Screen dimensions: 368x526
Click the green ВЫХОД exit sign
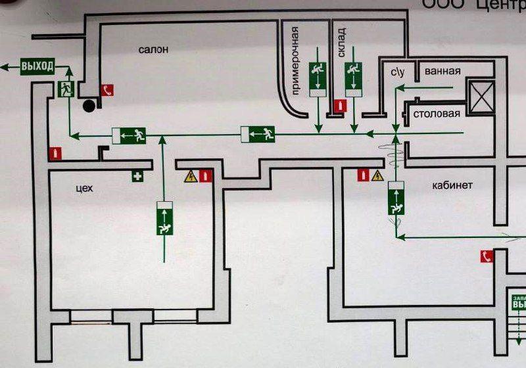37,66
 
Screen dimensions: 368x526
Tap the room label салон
153,49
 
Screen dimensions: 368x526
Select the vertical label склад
341,43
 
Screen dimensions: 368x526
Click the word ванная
442,71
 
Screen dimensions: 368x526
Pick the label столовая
436,114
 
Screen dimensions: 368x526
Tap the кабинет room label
452,185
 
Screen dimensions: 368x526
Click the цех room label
84,188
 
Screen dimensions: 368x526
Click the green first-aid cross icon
138,176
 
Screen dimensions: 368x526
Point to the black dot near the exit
88,104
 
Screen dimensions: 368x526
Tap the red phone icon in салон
107,90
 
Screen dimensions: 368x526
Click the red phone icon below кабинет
486,256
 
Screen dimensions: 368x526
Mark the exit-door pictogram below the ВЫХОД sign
66,90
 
